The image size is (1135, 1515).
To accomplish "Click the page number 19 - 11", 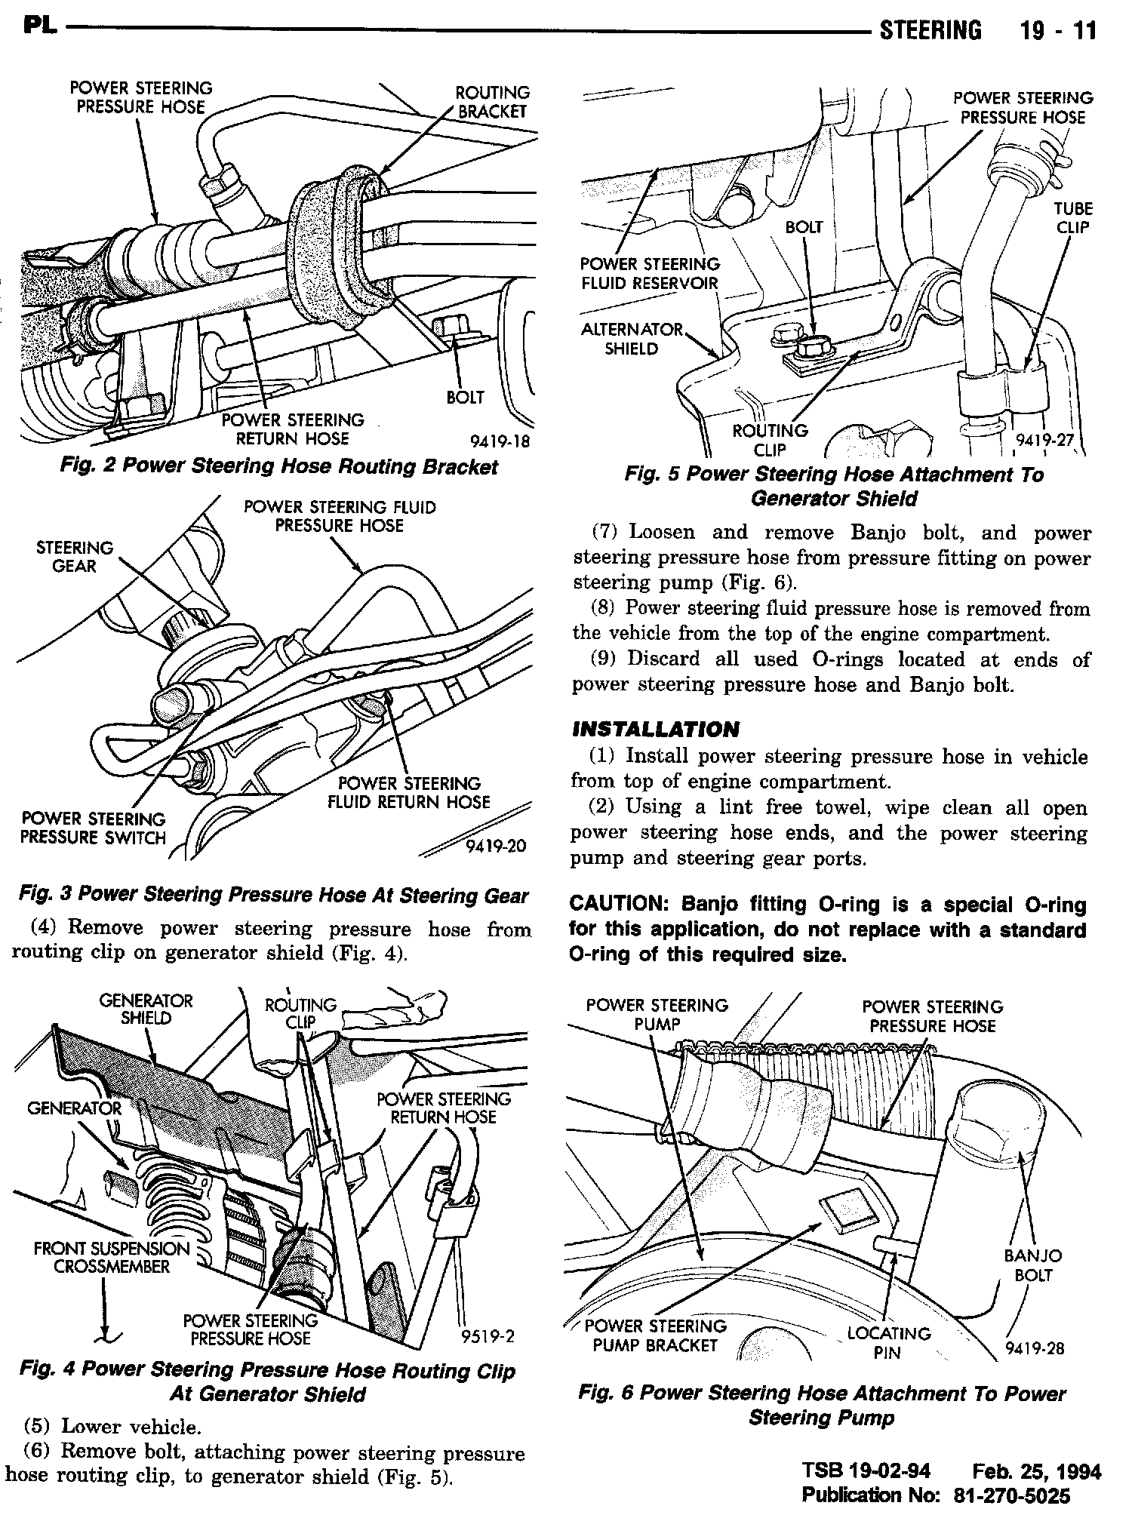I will tap(1057, 31).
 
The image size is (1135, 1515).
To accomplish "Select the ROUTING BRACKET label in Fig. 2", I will tap(492, 102).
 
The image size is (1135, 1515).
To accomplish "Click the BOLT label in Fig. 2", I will tap(465, 398).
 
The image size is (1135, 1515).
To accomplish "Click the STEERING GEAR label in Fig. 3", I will tap(74, 557).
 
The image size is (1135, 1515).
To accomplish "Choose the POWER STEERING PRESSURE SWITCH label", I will tap(94, 828).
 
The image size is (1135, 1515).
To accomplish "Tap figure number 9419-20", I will tap(496, 846).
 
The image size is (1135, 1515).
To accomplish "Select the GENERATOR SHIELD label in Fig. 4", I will tap(146, 1009).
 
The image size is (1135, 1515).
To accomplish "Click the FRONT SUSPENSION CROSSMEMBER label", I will tap(111, 1258).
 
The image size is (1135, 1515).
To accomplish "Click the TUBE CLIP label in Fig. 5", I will tap(1074, 218).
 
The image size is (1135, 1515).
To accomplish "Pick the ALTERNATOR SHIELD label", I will tap(631, 339).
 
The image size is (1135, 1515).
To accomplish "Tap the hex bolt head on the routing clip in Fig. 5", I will tap(815, 349).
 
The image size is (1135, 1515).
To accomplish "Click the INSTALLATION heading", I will tap(655, 730).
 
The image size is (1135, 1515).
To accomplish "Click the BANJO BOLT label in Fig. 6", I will tap(1032, 1265).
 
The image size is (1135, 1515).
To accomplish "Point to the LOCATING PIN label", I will tap(888, 1342).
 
